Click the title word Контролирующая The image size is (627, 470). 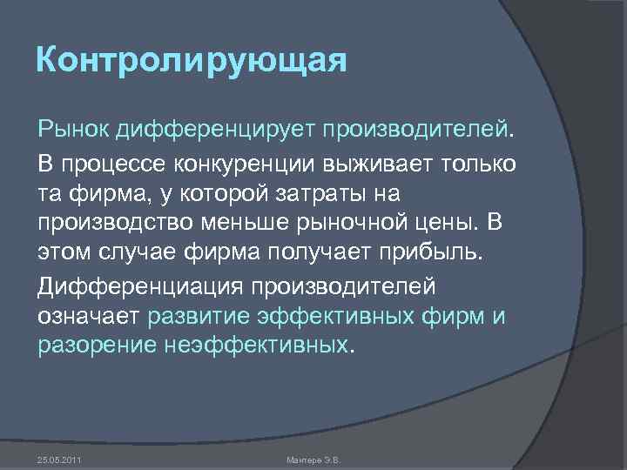(192, 63)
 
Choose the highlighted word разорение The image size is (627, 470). (97, 346)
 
